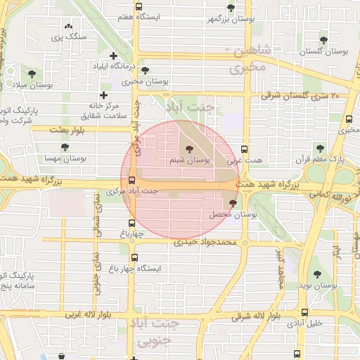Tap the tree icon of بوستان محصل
tap(233, 202)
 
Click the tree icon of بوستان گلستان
tap(323, 40)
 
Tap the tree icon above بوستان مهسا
tap(65, 148)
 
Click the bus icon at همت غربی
tap(244, 149)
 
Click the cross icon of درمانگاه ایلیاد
tap(113, 56)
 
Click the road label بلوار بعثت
tap(67, 130)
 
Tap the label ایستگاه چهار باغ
tap(159, 269)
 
